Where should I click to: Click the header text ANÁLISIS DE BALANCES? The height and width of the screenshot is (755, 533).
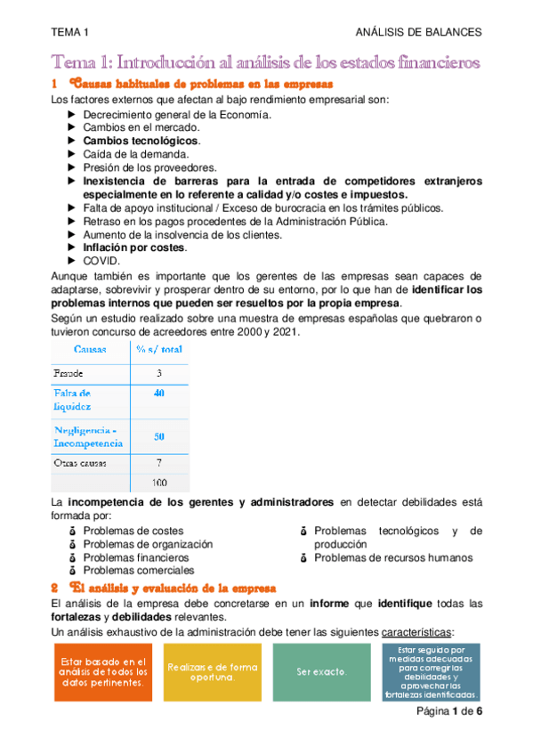417,32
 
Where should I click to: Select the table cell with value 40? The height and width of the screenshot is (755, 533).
158,393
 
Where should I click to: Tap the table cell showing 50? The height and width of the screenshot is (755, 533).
158,436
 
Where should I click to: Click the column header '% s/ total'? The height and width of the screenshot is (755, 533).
158,349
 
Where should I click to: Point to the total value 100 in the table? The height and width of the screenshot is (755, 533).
158,483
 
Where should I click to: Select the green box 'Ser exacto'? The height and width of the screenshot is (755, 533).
321,672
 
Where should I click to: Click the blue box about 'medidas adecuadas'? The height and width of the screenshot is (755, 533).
431,672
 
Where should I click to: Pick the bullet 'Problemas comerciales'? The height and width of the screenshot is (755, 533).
139,571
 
